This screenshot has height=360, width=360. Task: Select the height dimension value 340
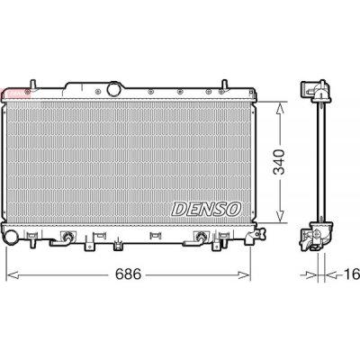click(x=280, y=162)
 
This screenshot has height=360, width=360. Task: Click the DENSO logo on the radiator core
click(x=206, y=209)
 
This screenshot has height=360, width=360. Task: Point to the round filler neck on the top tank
click(x=114, y=89)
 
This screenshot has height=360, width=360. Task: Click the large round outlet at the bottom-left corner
click(x=11, y=237)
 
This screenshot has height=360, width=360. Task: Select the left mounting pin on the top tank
click(x=33, y=84)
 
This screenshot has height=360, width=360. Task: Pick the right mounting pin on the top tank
click(x=224, y=84)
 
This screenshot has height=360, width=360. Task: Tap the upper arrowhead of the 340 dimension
click(x=280, y=109)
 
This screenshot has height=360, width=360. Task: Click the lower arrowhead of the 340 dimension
click(x=280, y=216)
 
